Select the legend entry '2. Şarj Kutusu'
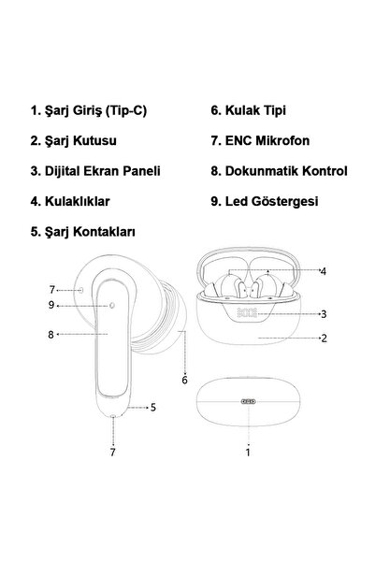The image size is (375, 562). tap(71, 141)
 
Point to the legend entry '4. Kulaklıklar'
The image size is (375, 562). tap(70, 200)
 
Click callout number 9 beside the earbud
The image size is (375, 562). tap(53, 305)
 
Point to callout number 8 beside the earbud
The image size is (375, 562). tap(53, 333)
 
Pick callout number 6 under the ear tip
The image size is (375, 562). tap(184, 380)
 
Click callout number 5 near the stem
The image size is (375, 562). tap(152, 407)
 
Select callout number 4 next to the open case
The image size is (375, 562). tap(323, 272)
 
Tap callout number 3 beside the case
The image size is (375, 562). tap(323, 314)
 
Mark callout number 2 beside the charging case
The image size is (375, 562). tap(323, 339)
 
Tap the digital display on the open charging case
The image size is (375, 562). tap(248, 314)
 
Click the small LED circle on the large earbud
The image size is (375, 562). tap(112, 305)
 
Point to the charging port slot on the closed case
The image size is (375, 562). tap(248, 398)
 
